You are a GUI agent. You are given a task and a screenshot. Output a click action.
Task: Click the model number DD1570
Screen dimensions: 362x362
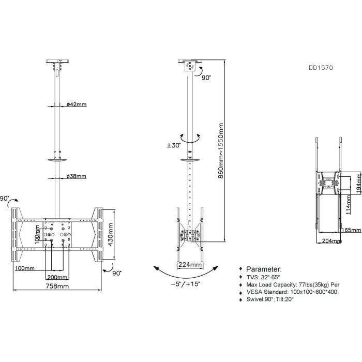(x=320, y=67)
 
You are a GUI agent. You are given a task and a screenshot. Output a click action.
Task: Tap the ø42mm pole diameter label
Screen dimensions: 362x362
(x=77, y=104)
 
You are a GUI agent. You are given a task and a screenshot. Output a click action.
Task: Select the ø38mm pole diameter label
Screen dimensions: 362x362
(x=77, y=176)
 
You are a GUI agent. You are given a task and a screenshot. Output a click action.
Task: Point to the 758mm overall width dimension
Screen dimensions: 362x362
(x=57, y=286)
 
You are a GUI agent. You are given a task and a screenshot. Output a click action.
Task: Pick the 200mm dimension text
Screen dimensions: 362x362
(x=56, y=277)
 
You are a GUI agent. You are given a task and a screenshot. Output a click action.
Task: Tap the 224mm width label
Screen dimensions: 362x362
(x=190, y=264)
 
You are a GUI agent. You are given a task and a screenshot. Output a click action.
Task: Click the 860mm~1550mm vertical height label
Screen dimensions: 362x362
(x=221, y=150)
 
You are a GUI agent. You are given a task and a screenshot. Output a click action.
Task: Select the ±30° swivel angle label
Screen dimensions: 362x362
(x=173, y=146)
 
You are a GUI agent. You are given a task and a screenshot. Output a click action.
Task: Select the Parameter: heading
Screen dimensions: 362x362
(x=264, y=270)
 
